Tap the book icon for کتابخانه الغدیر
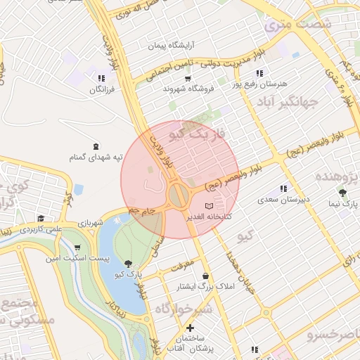(207, 206)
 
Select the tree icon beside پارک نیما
(342, 193)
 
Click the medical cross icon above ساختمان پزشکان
(189, 328)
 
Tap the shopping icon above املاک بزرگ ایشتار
(205, 276)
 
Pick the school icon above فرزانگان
(101, 79)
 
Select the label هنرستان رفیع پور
(264, 84)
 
